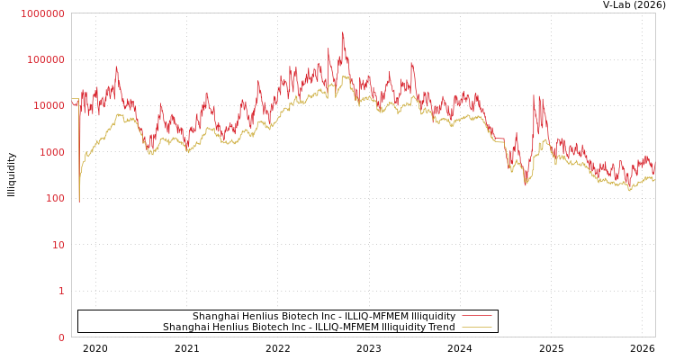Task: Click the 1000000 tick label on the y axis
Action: coord(42,13)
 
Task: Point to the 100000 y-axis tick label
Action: coord(45,59)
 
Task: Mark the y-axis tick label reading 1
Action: coord(61,291)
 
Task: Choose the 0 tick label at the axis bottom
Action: coord(61,337)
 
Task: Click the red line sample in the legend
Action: coord(476,316)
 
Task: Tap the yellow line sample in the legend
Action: coord(476,327)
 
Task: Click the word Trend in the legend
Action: coord(441,327)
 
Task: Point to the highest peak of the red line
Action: coord(342,33)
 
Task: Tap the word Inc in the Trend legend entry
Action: coord(302,327)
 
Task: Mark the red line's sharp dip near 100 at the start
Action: coord(78,200)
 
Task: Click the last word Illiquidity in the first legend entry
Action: coord(434,316)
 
